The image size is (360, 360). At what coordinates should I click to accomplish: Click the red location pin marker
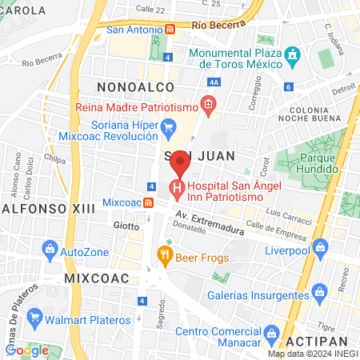click(x=181, y=162)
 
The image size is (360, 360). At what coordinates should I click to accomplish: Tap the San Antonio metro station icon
click(x=170, y=30)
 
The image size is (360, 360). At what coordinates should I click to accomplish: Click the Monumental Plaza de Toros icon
click(x=293, y=56)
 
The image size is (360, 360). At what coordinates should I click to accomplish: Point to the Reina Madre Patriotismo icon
click(x=209, y=104)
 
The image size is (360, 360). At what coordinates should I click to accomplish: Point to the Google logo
click(x=27, y=350)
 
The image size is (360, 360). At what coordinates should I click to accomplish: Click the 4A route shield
click(x=213, y=82)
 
